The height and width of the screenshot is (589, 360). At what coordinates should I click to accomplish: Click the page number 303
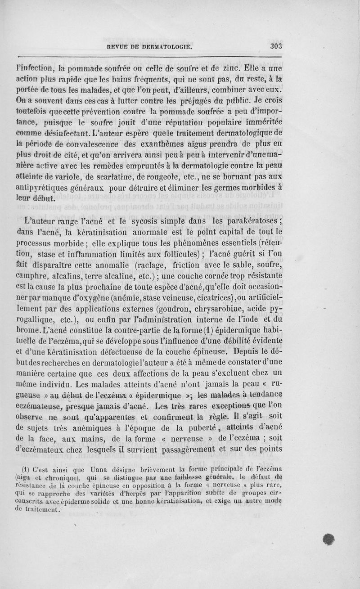coord(275,46)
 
